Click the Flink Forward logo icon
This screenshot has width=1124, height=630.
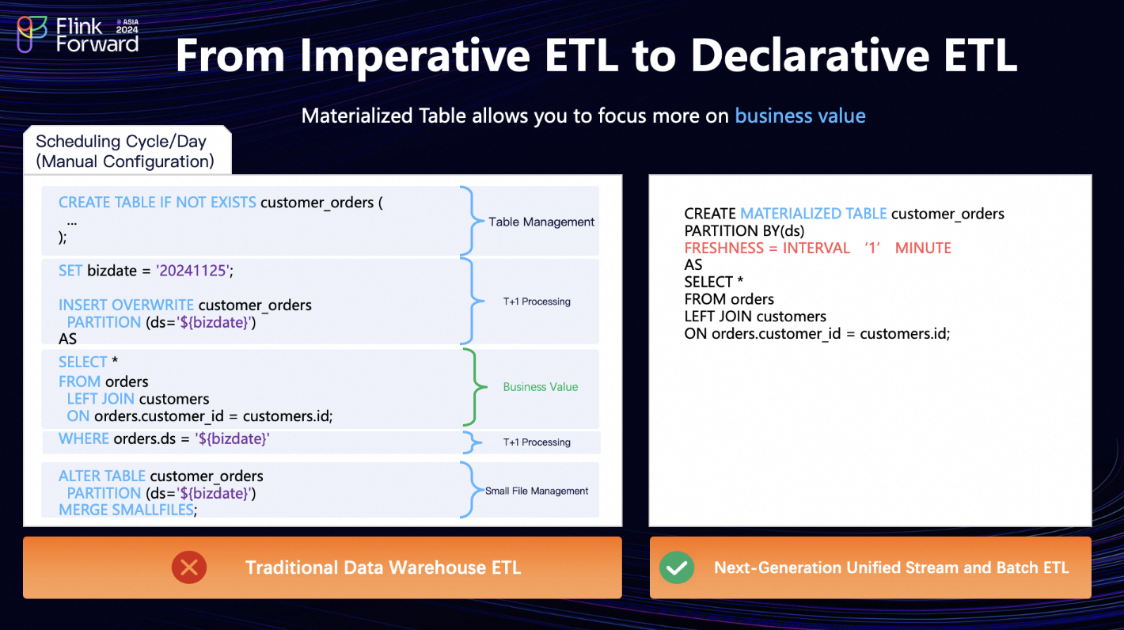pyautogui.click(x=32, y=33)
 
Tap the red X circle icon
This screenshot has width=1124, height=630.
pyautogui.click(x=189, y=567)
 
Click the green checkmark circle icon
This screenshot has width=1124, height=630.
pyautogui.click(x=677, y=567)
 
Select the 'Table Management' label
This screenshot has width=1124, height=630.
pyautogui.click(x=541, y=222)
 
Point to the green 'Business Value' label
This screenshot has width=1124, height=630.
pyautogui.click(x=541, y=387)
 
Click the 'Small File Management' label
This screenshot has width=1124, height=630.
pyautogui.click(x=537, y=491)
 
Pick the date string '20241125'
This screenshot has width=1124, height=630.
pyautogui.click(x=192, y=271)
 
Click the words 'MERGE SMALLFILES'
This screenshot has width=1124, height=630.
pyautogui.click(x=126, y=510)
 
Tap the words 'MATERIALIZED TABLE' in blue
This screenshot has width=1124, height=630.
pyautogui.click(x=814, y=214)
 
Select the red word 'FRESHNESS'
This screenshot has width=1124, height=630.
pyautogui.click(x=723, y=248)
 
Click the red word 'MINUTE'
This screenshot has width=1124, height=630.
pyautogui.click(x=923, y=248)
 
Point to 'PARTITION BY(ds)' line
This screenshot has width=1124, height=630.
pyautogui.click(x=744, y=231)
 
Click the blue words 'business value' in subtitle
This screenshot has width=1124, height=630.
pyautogui.click(x=799, y=116)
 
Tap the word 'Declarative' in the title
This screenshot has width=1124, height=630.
pyautogui.click(x=810, y=55)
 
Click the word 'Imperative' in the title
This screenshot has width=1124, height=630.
pyautogui.click(x=415, y=56)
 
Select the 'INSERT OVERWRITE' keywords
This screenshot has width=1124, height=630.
pyautogui.click(x=126, y=305)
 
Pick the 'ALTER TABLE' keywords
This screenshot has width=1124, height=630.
pyautogui.click(x=102, y=476)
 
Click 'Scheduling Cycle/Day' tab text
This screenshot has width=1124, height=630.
pyautogui.click(x=121, y=142)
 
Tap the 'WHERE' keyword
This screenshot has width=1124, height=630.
pyautogui.click(x=84, y=438)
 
